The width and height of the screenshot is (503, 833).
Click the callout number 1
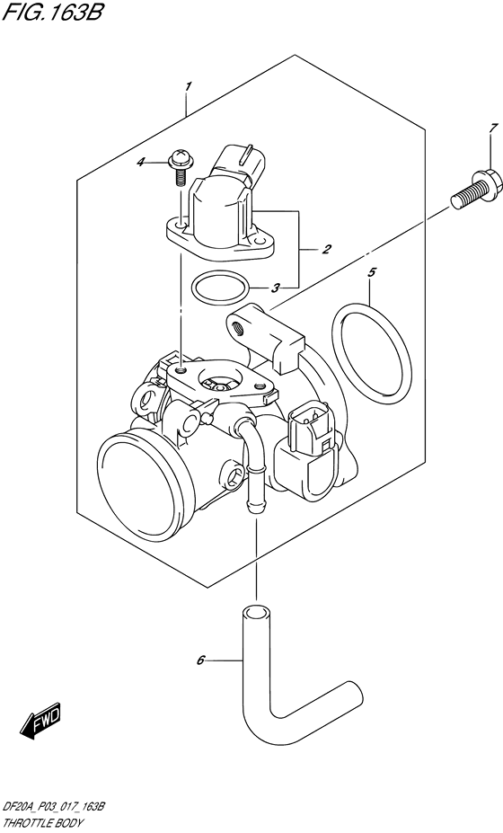(188, 86)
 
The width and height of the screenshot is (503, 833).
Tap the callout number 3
(277, 288)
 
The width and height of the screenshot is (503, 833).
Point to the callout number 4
(165, 163)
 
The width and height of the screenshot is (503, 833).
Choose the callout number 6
(200, 661)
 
